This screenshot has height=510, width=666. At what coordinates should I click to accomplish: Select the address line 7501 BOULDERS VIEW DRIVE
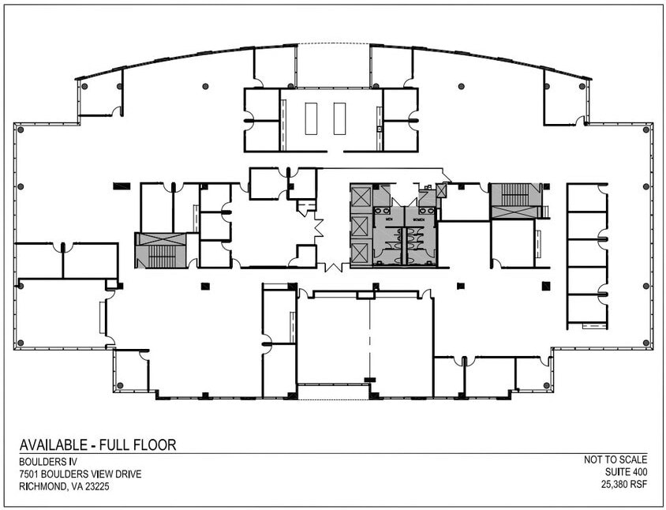coord(80,474)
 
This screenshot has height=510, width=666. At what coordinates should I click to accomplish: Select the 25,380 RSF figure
coord(622,487)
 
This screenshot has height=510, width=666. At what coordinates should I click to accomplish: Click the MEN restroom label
coord(387,210)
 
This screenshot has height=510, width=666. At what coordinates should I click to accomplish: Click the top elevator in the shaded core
coord(361,196)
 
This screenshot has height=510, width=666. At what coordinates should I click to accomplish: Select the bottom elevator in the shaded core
coord(361,253)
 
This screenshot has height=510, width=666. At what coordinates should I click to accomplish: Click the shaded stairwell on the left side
coord(160,250)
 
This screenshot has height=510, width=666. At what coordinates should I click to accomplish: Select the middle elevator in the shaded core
coord(361,224)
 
